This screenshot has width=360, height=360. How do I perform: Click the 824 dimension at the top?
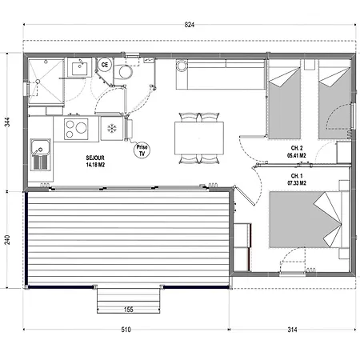pyautogui.click(x=190, y=25)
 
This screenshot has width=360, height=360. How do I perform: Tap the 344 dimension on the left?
pyautogui.click(x=7, y=122)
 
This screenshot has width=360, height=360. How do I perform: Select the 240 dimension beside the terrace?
pyautogui.click(x=7, y=240)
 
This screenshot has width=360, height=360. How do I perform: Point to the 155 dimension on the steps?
pyautogui.click(x=129, y=310)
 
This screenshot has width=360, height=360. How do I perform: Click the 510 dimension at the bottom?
pyautogui.click(x=126, y=330)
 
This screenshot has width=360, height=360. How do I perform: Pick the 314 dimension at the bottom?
pyautogui.click(x=292, y=330)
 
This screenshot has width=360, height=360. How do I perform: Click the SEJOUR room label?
pyautogui.click(x=95, y=158)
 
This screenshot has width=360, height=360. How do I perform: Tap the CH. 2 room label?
pyautogui.click(x=297, y=148)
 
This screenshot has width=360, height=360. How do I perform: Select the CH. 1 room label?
pyautogui.click(x=297, y=176)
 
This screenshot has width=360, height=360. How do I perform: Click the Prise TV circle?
pyautogui.click(x=142, y=150)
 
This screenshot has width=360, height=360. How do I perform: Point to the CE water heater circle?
pyautogui.click(x=105, y=65)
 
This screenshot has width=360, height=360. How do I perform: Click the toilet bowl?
pyautogui.click(x=125, y=72)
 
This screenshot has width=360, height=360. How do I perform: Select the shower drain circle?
pyautogui.click(x=38, y=82)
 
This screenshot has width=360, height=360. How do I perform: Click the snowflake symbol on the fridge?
pyautogui.click(x=112, y=129)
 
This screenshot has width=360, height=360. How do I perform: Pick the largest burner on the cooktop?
pyautogui.click(x=82, y=128)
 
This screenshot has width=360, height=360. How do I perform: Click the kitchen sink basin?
pyautogui.click(x=40, y=148)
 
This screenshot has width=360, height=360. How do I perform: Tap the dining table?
pyautogui.click(x=199, y=138)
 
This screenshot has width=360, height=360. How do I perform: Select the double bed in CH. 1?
pyautogui.click(x=306, y=219)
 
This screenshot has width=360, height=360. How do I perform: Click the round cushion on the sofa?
pyautogui.click(x=182, y=66)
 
